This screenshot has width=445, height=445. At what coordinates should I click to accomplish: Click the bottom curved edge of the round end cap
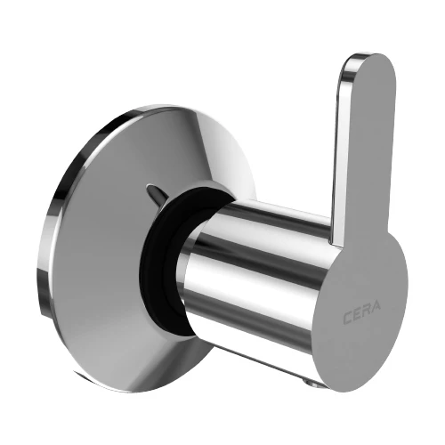356,392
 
